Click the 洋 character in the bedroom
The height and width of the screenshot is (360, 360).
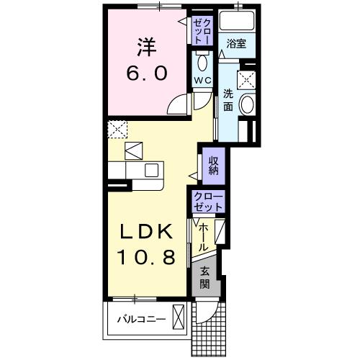(148, 48)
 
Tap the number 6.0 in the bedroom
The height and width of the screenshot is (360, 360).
(148, 73)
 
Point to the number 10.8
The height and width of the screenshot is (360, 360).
(148, 257)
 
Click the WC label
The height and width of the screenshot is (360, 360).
(201, 80)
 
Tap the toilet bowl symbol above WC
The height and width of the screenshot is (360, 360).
(201, 61)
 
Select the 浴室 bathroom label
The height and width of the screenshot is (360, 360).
(235, 44)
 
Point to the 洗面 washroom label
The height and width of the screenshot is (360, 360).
(228, 100)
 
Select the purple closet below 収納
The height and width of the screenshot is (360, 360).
(208, 202)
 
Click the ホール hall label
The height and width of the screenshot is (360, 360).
(204, 236)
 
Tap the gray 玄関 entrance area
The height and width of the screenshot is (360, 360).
(205, 276)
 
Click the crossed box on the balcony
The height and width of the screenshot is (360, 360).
(179, 318)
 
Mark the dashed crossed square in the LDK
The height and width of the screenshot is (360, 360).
(117, 130)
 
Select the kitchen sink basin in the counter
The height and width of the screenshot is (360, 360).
(151, 171)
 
